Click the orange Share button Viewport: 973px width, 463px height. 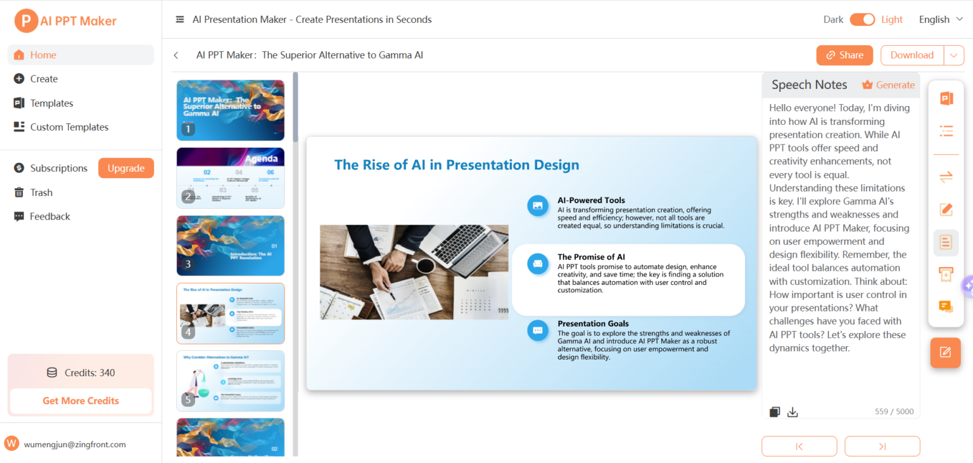pyautogui.click(x=844, y=55)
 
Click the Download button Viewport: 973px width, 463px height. pyautogui.click(x=912, y=55)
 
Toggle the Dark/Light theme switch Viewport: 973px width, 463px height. pyautogui.click(x=862, y=20)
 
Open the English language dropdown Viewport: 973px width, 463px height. pyautogui.click(x=941, y=20)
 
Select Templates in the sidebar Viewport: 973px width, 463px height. pyautogui.click(x=51, y=103)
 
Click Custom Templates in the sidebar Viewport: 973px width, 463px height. pyautogui.click(x=69, y=127)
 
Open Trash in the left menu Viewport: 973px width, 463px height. pyautogui.click(x=41, y=193)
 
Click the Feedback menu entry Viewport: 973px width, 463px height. pyautogui.click(x=49, y=216)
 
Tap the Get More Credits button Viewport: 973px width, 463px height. pyautogui.click(x=80, y=401)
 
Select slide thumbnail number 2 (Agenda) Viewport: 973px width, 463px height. pyautogui.click(x=231, y=178)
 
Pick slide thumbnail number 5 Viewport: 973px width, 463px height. pyautogui.click(x=231, y=381)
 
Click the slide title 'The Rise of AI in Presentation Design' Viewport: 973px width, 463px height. pyautogui.click(x=456, y=165)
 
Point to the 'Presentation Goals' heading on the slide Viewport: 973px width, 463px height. pyautogui.click(x=593, y=323)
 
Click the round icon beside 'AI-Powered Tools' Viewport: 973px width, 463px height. pyautogui.click(x=538, y=205)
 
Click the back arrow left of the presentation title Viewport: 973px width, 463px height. pyautogui.click(x=176, y=56)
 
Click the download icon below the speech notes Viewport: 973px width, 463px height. pyautogui.click(x=792, y=412)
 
